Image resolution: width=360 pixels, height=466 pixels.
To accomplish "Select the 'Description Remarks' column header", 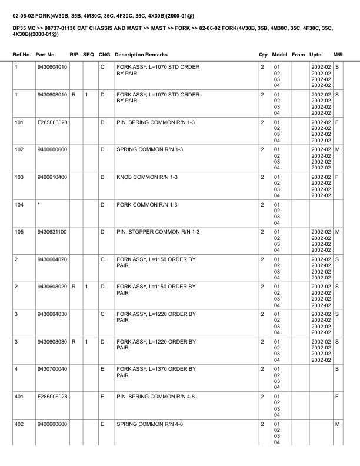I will [141, 55].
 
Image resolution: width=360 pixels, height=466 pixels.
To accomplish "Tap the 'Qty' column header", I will [263, 55].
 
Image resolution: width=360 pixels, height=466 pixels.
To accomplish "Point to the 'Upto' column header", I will [315, 55].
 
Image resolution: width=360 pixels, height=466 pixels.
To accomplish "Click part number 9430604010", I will [52, 67].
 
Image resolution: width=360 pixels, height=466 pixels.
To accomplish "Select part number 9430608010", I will [52, 95].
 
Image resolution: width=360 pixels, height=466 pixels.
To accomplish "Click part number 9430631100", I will [52, 232].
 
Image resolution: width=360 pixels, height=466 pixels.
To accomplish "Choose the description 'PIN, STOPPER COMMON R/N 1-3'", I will [158, 232].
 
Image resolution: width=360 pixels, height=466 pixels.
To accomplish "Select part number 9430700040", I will [52, 369].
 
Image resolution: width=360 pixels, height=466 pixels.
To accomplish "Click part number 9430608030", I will [52, 342].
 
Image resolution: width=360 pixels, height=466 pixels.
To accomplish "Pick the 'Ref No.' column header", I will [22, 55].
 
